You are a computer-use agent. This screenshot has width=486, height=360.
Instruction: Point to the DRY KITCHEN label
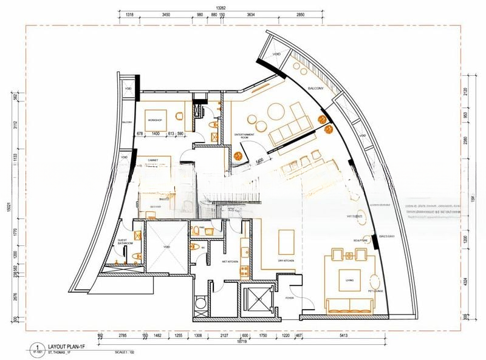tap(286, 261)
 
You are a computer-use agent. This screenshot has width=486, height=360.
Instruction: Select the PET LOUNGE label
tap(375, 293)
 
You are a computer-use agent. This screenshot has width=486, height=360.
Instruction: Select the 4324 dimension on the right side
tap(465, 280)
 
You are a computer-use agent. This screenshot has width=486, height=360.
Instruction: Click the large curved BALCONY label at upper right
tap(315, 89)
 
